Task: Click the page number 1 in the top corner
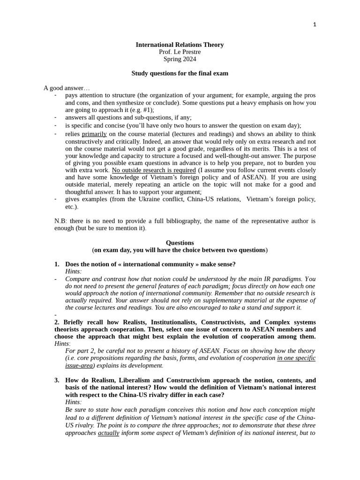tap(315, 25)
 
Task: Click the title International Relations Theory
tap(180, 45)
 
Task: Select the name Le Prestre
tap(187, 52)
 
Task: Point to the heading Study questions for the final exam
tap(180, 73)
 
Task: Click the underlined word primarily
tap(94, 134)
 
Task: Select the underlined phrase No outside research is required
tap(154, 170)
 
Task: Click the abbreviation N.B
tap(61, 221)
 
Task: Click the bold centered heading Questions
tap(180, 243)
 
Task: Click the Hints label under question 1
tap(73, 271)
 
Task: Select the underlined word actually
tap(108, 433)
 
